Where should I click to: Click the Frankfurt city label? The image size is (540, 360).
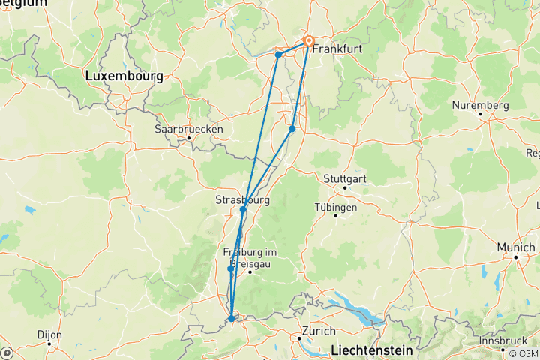[337, 49]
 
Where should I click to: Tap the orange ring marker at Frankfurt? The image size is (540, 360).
[308, 42]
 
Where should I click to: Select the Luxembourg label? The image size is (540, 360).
[124, 76]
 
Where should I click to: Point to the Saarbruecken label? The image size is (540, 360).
[189, 129]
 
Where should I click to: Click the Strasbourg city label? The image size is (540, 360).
[242, 199]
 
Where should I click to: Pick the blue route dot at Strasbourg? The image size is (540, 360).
[243, 210]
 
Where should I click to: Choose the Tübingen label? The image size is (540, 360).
[335, 206]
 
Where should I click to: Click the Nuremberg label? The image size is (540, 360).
[481, 105]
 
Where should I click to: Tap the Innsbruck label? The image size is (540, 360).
[503, 340]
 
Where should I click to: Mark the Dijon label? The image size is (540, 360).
[50, 334]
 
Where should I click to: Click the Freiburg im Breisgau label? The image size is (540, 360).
[250, 256]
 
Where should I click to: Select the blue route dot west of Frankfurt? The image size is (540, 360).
[278, 55]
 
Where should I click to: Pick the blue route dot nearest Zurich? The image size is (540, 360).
[232, 319]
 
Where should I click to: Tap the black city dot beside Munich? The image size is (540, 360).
[516, 256]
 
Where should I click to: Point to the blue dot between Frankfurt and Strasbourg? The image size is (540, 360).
[292, 129]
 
